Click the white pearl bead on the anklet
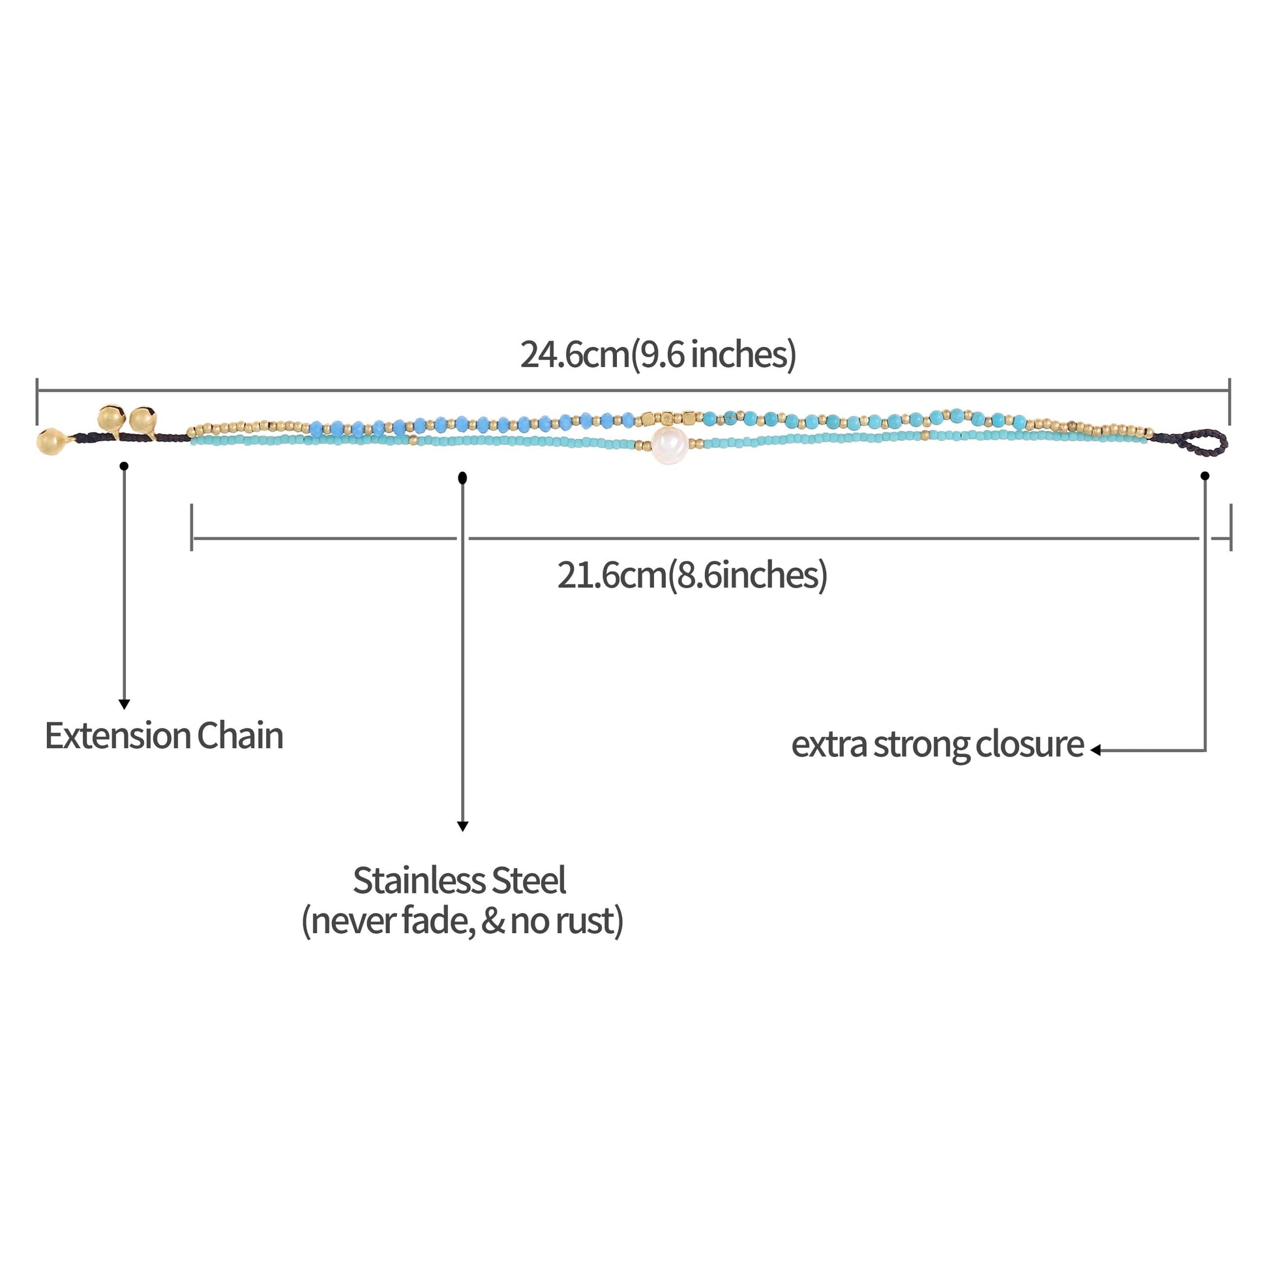pyautogui.click(x=669, y=445)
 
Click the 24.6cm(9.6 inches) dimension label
pyautogui.click(x=658, y=355)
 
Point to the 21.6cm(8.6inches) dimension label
pyautogui.click(x=693, y=575)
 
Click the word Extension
pyautogui.click(x=117, y=736)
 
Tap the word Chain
pyautogui.click(x=240, y=736)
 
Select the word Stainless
pyautogui.click(x=419, y=881)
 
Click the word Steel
pyautogui.click(x=529, y=881)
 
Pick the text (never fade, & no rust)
pyautogui.click(x=462, y=921)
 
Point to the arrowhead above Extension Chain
pyautogui.click(x=124, y=704)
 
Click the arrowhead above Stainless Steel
pyautogui.click(x=462, y=826)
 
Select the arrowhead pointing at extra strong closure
pyautogui.click(x=1096, y=750)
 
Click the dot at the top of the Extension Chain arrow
pyautogui.click(x=124, y=466)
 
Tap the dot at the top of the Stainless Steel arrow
pyautogui.click(x=462, y=477)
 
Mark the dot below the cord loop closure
pyautogui.click(x=1204, y=475)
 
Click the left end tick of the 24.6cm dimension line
pyautogui.click(x=37, y=400)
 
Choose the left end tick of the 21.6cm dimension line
pyautogui.click(x=192, y=527)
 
